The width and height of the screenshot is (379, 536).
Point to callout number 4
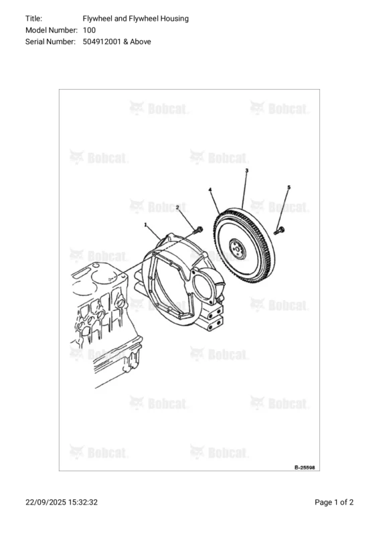point(210,191)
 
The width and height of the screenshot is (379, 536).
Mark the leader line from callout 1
point(153,235)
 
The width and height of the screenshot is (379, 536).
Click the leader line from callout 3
point(244,191)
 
